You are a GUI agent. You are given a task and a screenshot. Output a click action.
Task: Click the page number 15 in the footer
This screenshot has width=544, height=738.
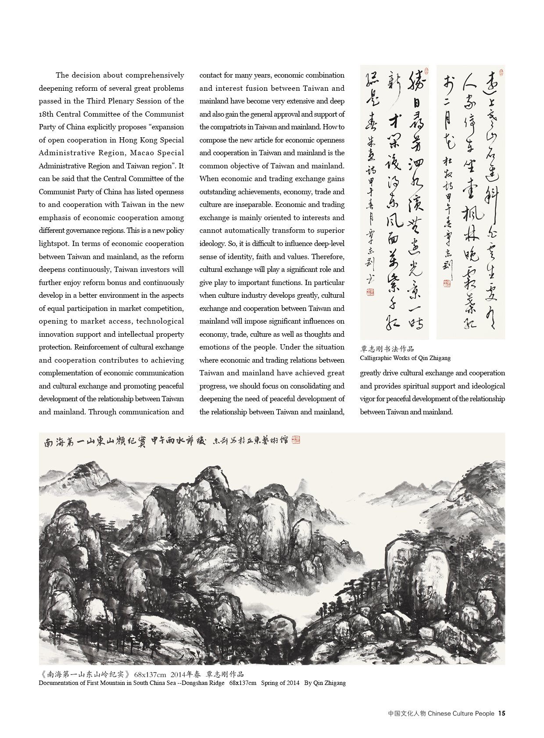[x=501, y=713]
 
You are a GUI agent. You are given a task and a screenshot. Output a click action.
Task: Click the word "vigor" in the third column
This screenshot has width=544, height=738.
[x=369, y=399]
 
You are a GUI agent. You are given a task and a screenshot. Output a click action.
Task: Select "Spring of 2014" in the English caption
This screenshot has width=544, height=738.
[x=280, y=683]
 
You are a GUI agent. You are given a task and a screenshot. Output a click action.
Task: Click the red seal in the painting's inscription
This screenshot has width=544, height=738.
[x=296, y=440]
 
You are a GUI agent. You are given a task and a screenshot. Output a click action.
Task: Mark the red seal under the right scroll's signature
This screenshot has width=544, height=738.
[x=447, y=284]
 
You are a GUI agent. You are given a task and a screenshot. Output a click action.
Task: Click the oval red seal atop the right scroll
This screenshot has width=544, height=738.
[x=501, y=72]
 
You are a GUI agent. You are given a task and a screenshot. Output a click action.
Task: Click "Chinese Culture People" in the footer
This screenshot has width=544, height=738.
[x=461, y=713]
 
